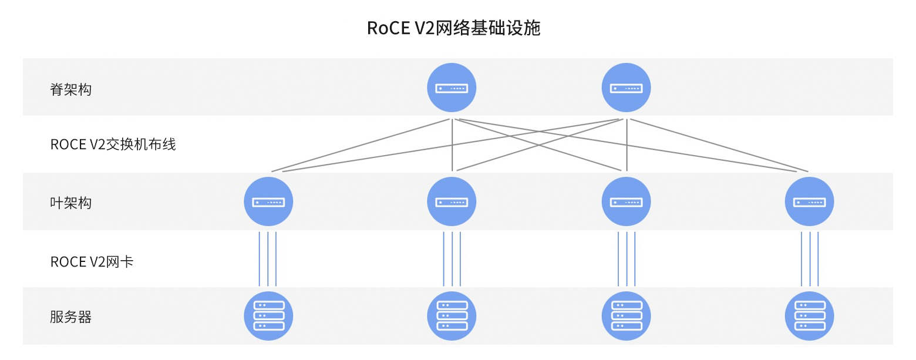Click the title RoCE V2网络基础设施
[x=453, y=28]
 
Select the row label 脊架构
[x=71, y=90]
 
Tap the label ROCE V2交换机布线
[x=113, y=144]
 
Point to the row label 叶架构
[x=71, y=203]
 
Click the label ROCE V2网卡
[x=92, y=262]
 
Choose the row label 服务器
[x=71, y=318]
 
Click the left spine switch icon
[x=451, y=88]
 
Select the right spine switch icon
[x=626, y=88]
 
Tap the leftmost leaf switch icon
[x=268, y=202]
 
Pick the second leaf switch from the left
[x=451, y=202]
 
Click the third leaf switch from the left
[x=626, y=202]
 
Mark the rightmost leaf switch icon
[x=809, y=202]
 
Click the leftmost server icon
[x=268, y=316]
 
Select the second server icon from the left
[x=451, y=316]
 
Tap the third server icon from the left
[x=626, y=316]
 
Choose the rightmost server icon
[x=809, y=316]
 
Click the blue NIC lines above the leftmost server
[x=268, y=258]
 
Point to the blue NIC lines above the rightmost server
[x=810, y=258]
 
